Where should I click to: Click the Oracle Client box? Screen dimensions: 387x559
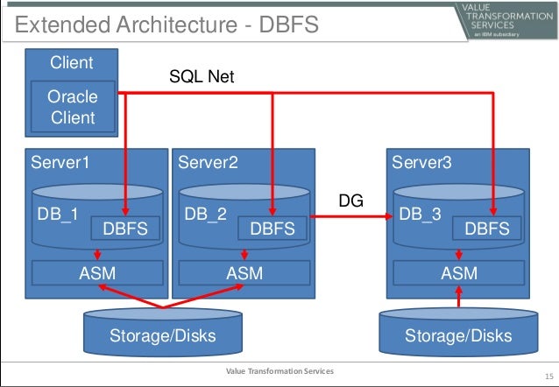tap(73, 107)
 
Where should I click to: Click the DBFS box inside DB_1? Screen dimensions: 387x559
tap(125, 229)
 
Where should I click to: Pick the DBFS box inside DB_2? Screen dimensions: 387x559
tap(272, 229)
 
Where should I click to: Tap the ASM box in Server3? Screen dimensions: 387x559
tap(459, 273)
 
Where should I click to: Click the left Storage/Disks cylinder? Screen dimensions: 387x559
tap(162, 334)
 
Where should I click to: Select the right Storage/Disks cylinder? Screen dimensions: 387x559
tap(458, 334)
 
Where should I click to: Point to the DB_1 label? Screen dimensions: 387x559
tap(57, 214)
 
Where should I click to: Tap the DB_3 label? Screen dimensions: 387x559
tap(420, 214)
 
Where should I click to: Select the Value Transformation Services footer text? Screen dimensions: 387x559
tap(279, 372)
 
